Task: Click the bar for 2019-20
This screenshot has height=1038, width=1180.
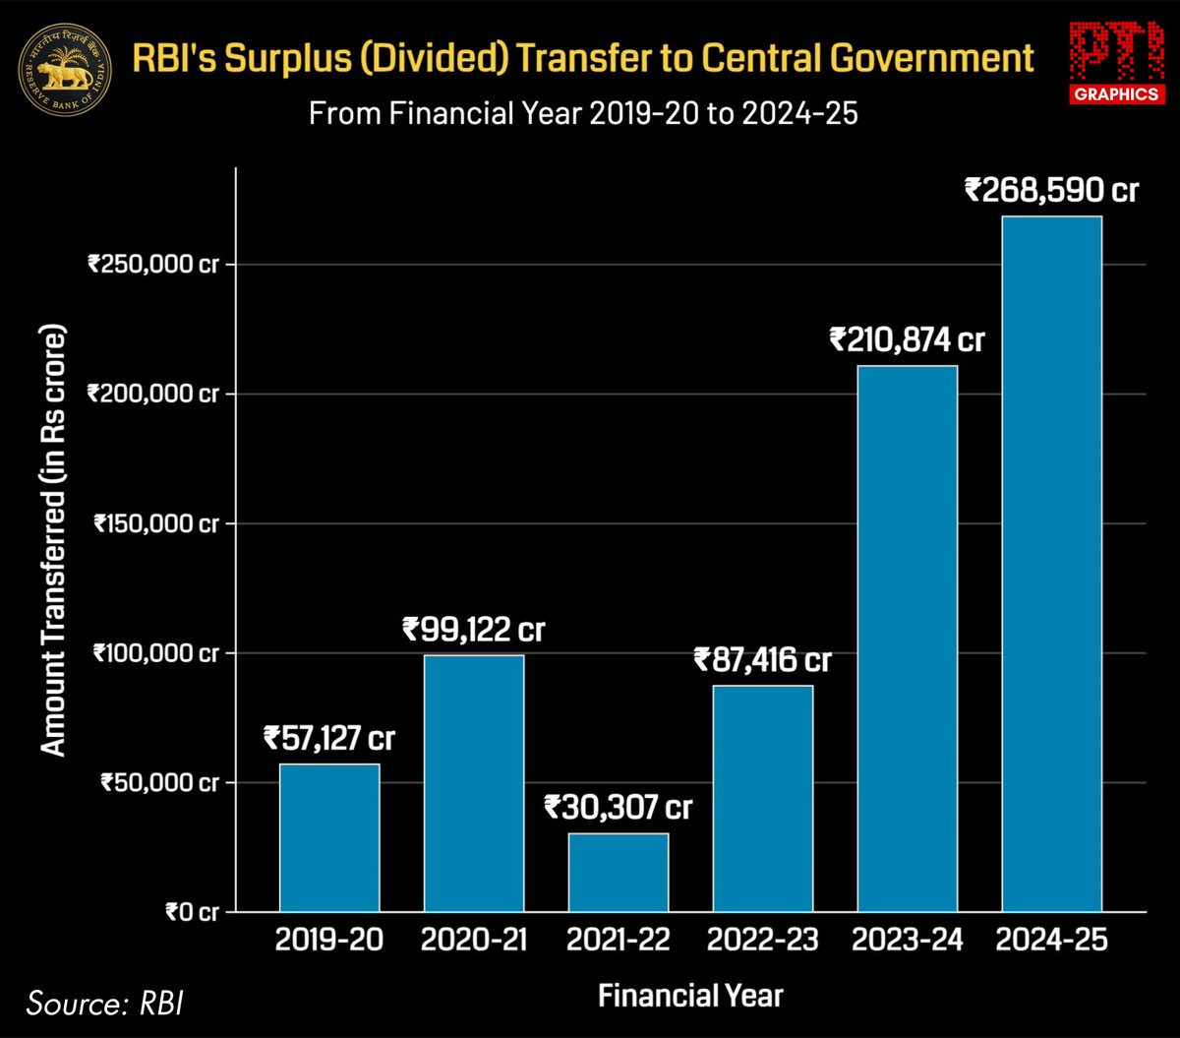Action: click(329, 837)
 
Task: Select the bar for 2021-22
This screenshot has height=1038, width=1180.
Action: click(619, 872)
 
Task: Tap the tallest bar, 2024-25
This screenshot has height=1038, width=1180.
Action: click(1051, 563)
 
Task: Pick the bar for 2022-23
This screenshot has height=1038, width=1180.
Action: click(763, 798)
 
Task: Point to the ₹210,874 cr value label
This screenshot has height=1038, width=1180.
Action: click(907, 340)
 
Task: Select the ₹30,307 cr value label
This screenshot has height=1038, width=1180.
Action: click(619, 809)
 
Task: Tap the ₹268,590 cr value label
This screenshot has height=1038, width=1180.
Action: click(1051, 190)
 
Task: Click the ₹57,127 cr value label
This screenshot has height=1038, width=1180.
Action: click(329, 738)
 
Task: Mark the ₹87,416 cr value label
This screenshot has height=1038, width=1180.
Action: click(763, 659)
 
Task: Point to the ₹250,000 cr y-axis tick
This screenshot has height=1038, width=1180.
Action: click(152, 264)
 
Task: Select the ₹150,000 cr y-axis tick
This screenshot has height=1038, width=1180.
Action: click(155, 523)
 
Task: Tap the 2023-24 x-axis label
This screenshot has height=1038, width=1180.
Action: click(907, 941)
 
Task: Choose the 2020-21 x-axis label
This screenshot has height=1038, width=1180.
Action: click(473, 941)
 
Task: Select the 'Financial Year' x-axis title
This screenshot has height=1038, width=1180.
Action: click(690, 995)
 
